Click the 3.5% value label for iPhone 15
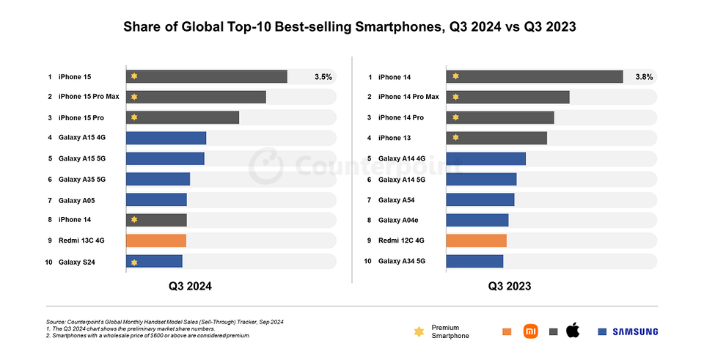coord(323,76)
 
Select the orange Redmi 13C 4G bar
coord(156,240)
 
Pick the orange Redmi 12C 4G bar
coord(476,240)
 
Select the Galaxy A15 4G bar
coord(166,138)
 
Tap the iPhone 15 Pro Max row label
coord(89,97)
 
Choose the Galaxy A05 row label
coord(76,199)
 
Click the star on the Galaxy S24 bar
coord(134,262)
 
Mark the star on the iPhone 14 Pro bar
coord(455,117)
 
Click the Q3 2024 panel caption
coord(191,287)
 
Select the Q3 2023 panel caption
coord(510,287)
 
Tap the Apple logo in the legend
coord(573,331)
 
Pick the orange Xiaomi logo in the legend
coord(530,331)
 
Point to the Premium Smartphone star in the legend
coord(419,331)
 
